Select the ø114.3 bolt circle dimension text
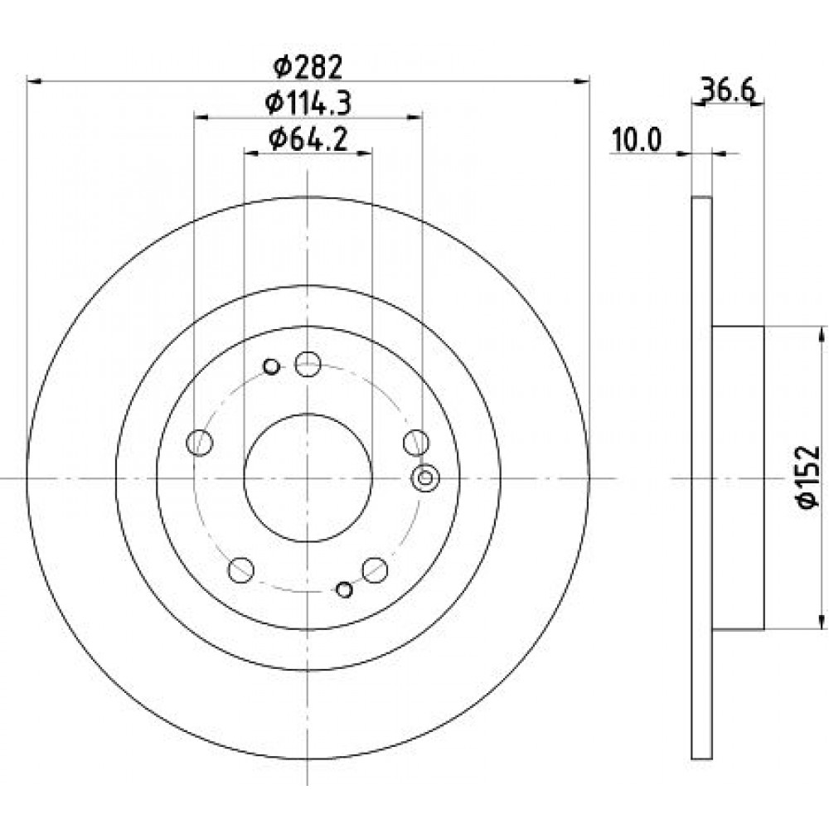(308, 103)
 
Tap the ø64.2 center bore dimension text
(308, 139)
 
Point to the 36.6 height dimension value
(728, 90)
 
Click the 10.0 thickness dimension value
(637, 141)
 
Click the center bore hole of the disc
(308, 478)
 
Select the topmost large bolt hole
(308, 364)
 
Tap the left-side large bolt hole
(199, 442)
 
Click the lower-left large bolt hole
(241, 570)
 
